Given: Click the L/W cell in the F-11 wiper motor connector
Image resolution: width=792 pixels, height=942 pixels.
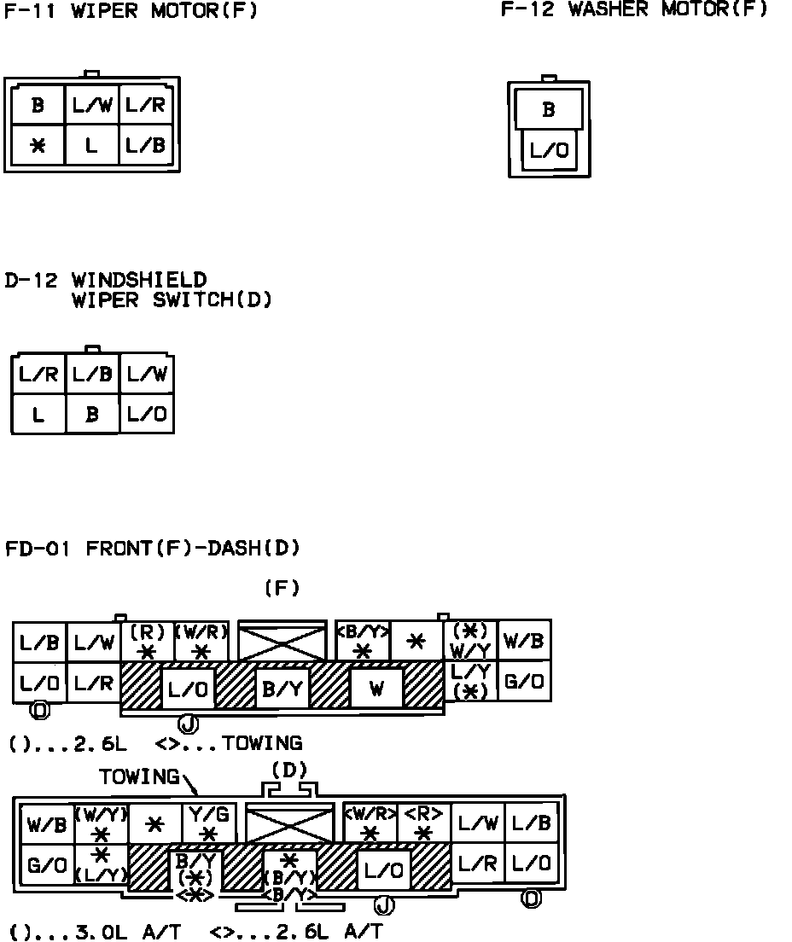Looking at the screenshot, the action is tap(92, 106).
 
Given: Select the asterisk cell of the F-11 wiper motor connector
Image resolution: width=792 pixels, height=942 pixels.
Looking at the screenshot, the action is tap(38, 146).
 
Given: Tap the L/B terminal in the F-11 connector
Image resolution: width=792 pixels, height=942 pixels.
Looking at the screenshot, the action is tap(145, 146).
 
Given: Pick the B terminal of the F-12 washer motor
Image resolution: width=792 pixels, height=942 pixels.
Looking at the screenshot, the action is tap(549, 110).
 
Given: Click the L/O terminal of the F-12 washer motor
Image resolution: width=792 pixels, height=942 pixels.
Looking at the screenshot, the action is tap(549, 152).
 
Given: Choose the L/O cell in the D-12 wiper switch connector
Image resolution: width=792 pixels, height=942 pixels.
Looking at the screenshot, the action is tap(146, 415).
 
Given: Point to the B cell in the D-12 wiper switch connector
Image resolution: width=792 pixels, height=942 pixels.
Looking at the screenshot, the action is tap(92, 415).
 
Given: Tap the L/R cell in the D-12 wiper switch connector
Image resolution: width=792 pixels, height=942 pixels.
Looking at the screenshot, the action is tap(38, 375).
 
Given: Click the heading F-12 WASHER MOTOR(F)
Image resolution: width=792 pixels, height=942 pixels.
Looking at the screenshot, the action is tap(633, 9).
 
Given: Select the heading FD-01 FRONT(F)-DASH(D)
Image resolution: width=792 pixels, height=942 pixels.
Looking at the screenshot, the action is tap(153, 548).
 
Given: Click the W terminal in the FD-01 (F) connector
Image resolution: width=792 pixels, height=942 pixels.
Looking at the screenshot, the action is tap(376, 689).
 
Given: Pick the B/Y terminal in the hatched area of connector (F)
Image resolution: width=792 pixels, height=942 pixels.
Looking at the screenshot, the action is tap(282, 689).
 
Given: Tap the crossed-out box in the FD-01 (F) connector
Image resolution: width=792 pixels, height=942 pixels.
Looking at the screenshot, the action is tap(282, 642).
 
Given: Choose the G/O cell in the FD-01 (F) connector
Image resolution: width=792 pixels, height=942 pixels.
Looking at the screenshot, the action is tap(524, 682).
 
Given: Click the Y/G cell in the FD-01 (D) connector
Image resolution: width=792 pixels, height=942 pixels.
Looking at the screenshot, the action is tap(209, 824).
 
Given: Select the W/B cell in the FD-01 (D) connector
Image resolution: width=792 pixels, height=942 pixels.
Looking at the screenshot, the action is tap(47, 825).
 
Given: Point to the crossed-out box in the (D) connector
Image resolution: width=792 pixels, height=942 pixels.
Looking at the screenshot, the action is tap(289, 824).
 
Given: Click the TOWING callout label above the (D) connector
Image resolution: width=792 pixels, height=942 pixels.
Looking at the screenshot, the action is tap(139, 777).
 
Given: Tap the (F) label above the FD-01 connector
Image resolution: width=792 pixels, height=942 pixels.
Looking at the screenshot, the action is tap(282, 588).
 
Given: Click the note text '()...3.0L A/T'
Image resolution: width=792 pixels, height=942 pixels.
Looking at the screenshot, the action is tap(95, 932).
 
